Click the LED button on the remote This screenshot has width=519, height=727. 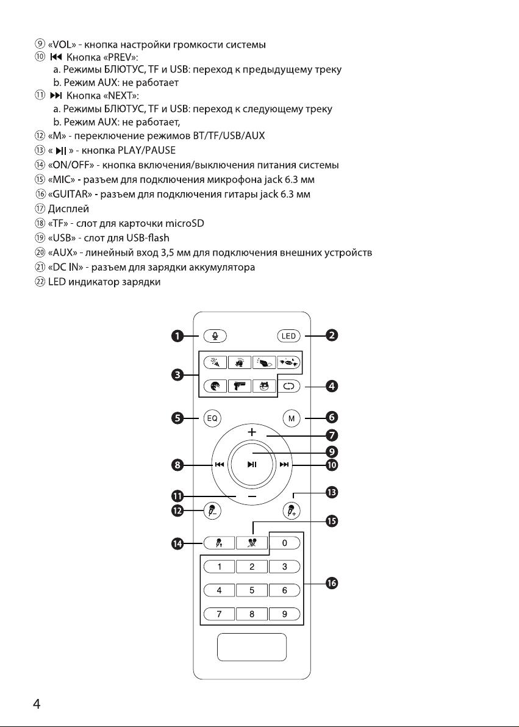pyautogui.click(x=288, y=336)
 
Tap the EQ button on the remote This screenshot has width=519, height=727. pyautogui.click(x=212, y=418)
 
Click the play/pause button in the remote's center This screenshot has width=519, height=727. pyautogui.click(x=252, y=465)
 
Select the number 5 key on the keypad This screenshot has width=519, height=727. pyautogui.click(x=252, y=590)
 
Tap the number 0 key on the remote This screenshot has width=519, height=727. pyautogui.click(x=285, y=542)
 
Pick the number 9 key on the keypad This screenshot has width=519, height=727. pyautogui.click(x=285, y=614)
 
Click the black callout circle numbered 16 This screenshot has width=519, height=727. pyautogui.click(x=332, y=583)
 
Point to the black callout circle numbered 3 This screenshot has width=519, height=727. pyautogui.click(x=177, y=375)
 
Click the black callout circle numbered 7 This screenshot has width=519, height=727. pyautogui.click(x=332, y=435)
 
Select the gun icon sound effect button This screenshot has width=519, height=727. pyautogui.click(x=240, y=385)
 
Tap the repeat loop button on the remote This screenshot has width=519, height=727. pyautogui.click(x=288, y=385)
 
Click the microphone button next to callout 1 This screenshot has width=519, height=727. pyautogui.click(x=214, y=336)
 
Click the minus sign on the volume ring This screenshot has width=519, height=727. pyautogui.click(x=252, y=496)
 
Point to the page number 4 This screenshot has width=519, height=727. pyautogui.click(x=37, y=704)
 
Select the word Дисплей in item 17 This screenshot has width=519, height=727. pyautogui.click(x=68, y=209)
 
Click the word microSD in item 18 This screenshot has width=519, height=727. pyautogui.click(x=185, y=223)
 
